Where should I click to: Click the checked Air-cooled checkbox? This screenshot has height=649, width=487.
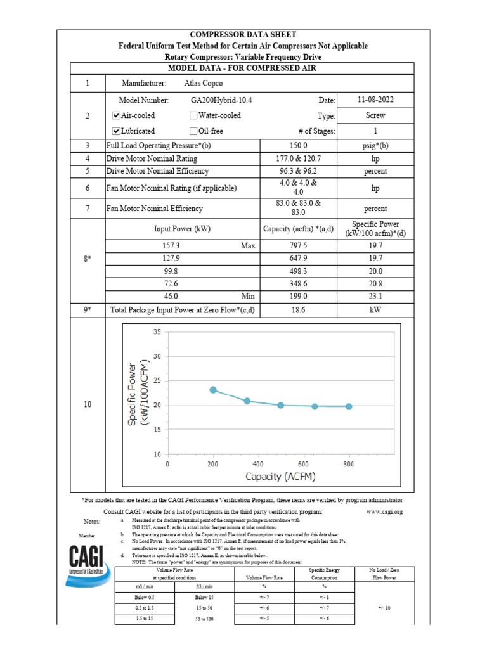tap(116, 116)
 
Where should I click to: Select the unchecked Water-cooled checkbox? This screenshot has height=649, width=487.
tap(193, 116)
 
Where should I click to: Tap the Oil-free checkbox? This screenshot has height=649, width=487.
tap(193, 131)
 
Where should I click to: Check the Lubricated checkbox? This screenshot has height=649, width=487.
tap(116, 131)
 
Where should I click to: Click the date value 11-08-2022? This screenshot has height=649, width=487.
tap(375, 100)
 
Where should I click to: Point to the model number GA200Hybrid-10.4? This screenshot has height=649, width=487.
tap(221, 100)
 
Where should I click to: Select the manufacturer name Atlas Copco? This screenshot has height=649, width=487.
tap(203, 84)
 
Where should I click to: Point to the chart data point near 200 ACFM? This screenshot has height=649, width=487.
tap(213, 390)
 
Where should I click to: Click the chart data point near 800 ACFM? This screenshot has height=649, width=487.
tap(349, 406)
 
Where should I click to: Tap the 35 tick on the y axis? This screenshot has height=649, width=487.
tap(157, 331)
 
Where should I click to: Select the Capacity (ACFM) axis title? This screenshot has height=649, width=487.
tap(280, 477)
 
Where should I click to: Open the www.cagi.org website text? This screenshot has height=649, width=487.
tap(385, 511)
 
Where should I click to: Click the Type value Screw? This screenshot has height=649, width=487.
tap(375, 116)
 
